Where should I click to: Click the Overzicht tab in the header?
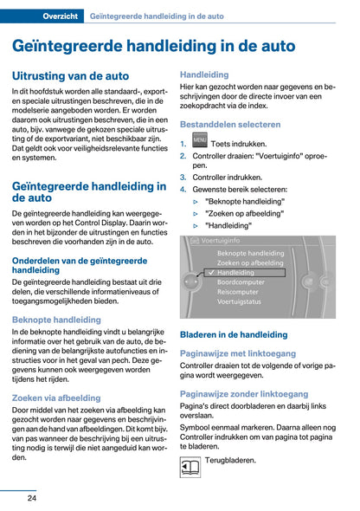point(56,16)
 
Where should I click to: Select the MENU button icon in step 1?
point(200,141)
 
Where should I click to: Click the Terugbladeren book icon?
point(190,469)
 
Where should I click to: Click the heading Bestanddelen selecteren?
point(230,125)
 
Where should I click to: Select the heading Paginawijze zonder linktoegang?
point(244,393)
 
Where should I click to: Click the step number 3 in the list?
point(183,177)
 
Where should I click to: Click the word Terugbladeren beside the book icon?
point(231,460)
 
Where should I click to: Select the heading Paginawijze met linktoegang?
point(237,353)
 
